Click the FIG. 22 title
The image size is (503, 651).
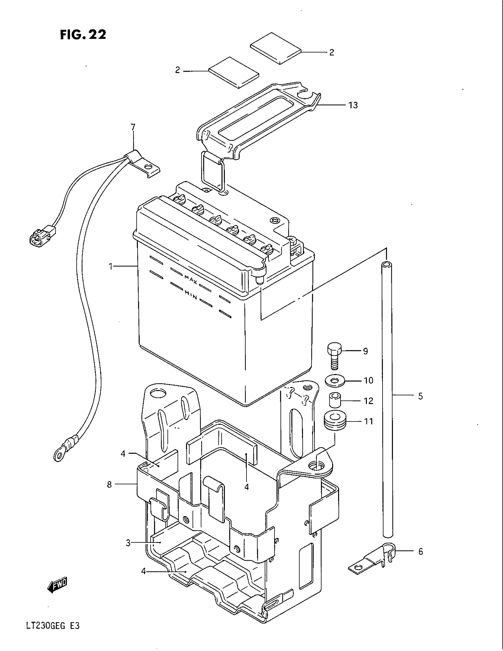(x=83, y=35)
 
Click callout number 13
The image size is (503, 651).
(x=353, y=105)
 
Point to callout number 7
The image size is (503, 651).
(x=133, y=127)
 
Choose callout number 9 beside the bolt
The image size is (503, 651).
(x=365, y=351)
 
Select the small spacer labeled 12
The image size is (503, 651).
(x=335, y=400)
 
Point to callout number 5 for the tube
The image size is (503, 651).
(x=420, y=396)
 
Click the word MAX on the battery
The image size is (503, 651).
(x=191, y=280)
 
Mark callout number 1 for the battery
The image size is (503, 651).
(x=111, y=266)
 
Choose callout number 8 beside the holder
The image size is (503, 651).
(x=109, y=485)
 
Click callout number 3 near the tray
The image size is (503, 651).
(x=128, y=543)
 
